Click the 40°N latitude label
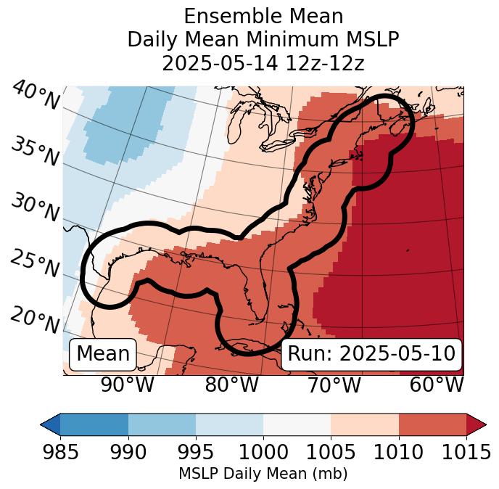click(x=36, y=96)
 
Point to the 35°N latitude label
click(x=36, y=151)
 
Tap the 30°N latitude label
click(x=36, y=207)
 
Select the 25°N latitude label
click(x=36, y=264)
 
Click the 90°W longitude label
click(x=127, y=385)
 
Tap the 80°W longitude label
click(x=231, y=385)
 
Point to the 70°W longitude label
click(x=334, y=385)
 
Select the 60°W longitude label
click(x=437, y=385)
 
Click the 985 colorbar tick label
click(x=60, y=452)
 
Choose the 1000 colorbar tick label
click(x=263, y=452)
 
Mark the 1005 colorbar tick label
click(x=331, y=452)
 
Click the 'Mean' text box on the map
click(x=103, y=354)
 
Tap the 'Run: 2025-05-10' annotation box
click(x=371, y=354)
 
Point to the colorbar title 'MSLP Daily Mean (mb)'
click(x=263, y=474)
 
